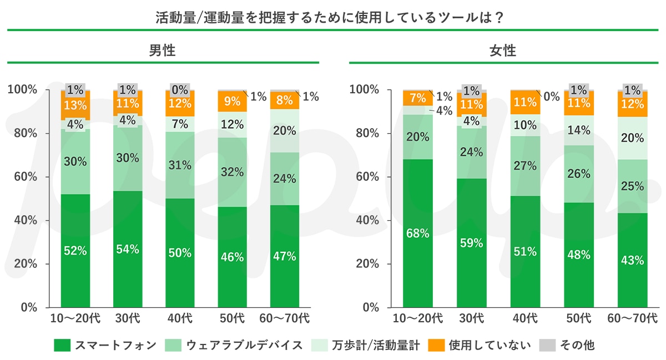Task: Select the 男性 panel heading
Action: (162, 50)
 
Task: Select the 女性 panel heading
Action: (502, 50)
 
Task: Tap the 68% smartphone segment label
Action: (417, 234)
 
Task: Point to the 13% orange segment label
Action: (74, 105)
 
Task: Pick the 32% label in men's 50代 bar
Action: (232, 172)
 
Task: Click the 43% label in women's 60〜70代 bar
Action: (632, 260)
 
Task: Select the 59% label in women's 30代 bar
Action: (471, 242)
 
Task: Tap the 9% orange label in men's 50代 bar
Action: (232, 102)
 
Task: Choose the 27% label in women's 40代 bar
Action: (524, 165)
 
